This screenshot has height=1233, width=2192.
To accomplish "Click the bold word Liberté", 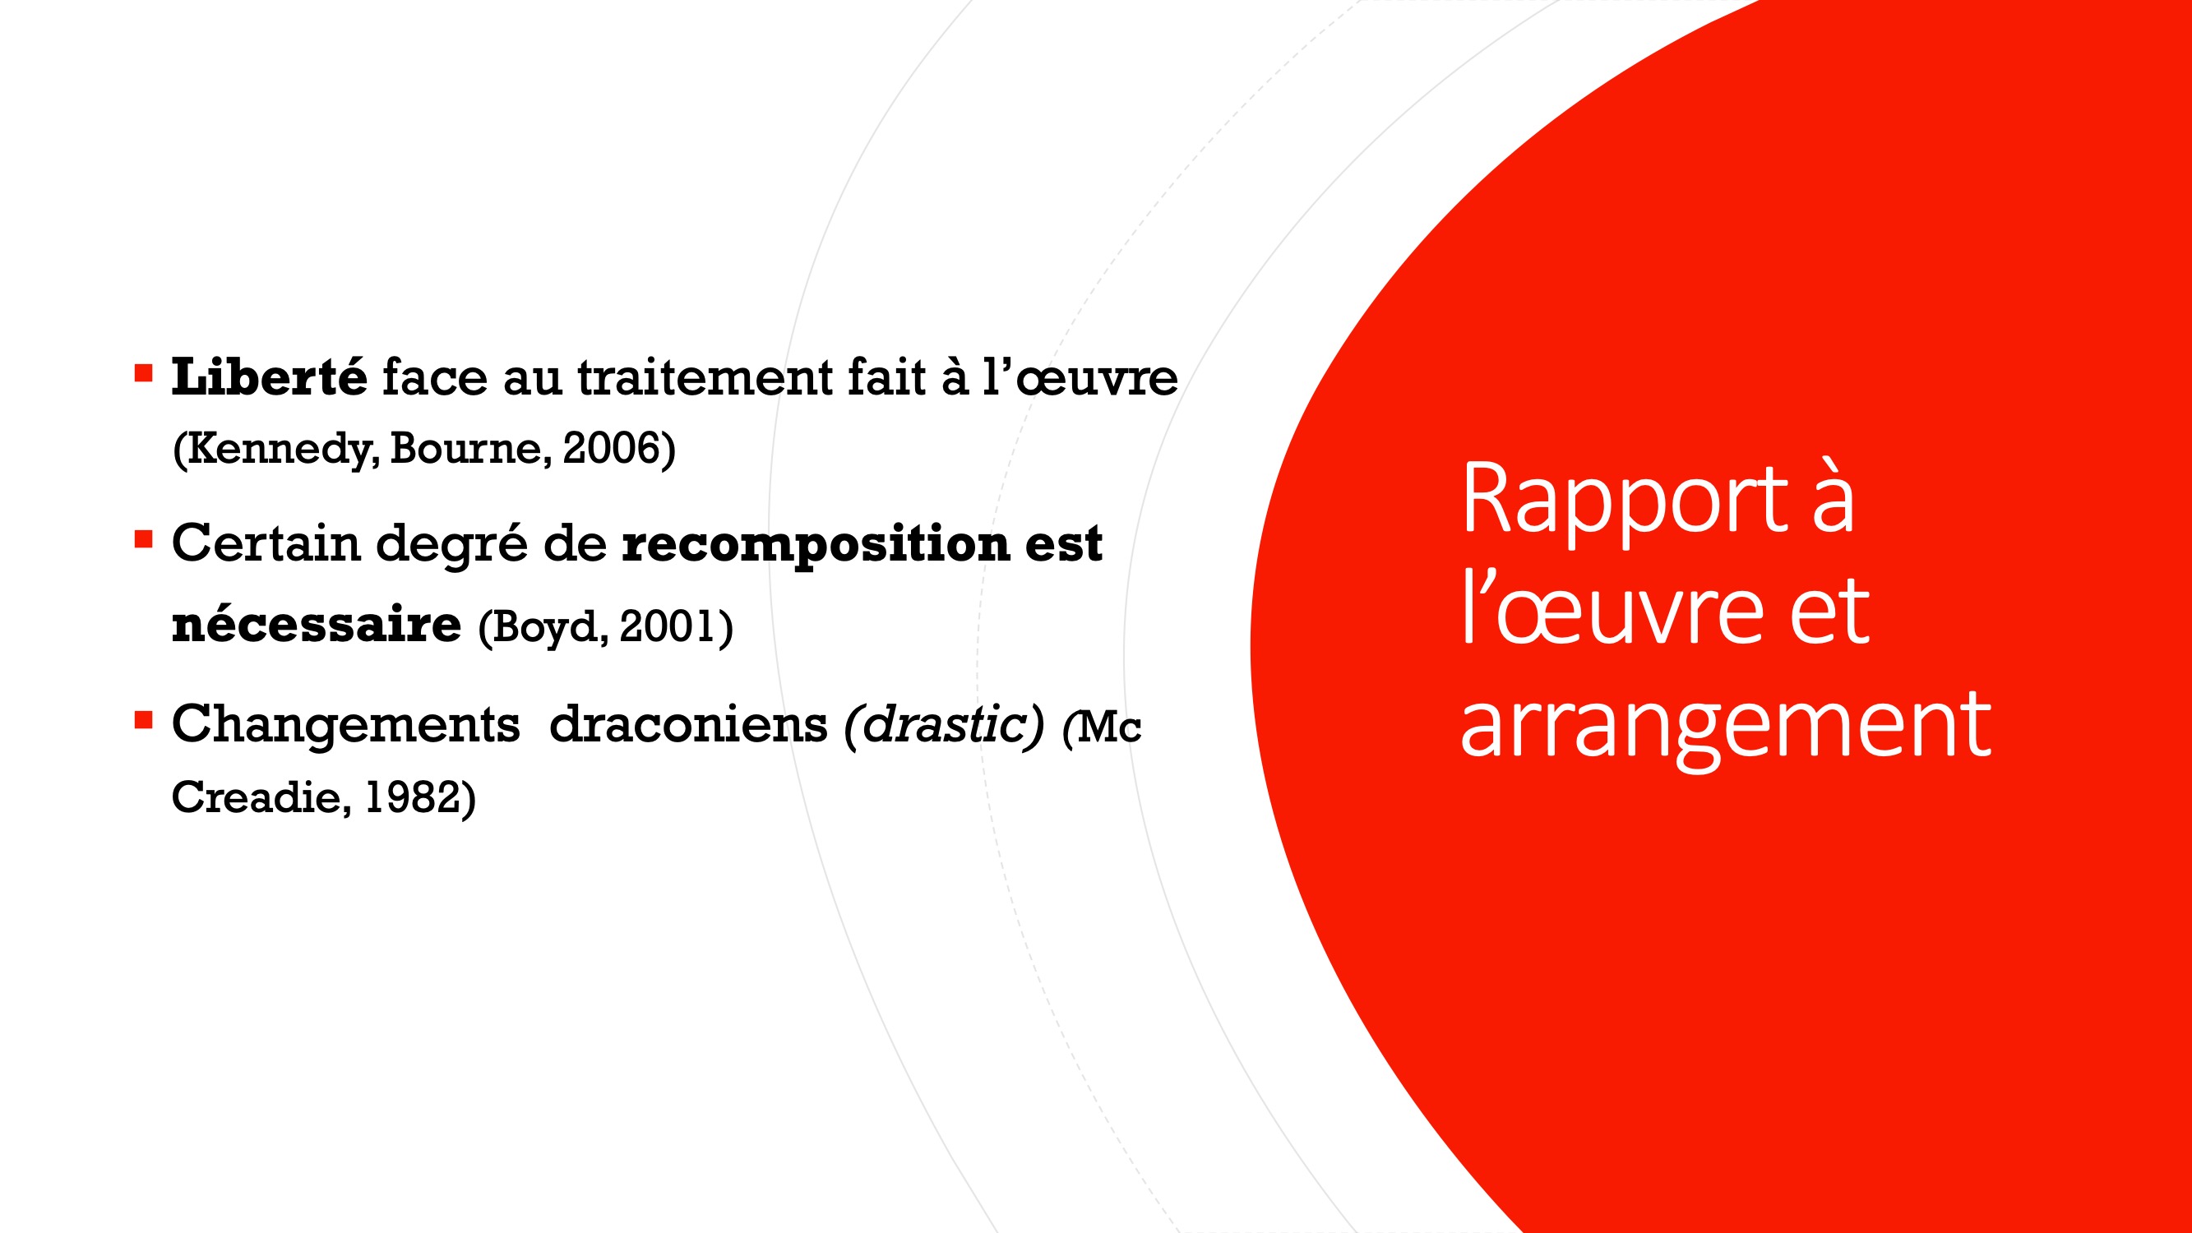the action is (269, 377).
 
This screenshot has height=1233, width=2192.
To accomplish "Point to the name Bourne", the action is (470, 449).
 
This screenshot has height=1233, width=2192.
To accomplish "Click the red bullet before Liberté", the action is (143, 372).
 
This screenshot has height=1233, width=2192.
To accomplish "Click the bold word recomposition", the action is (815, 546).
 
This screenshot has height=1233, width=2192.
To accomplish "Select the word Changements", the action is (345, 726).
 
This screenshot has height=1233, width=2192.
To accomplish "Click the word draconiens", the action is (688, 725).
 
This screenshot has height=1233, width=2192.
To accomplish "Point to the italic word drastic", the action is (945, 725).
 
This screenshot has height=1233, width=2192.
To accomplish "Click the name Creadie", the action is (257, 797).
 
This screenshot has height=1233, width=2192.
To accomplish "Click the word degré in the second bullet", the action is (452, 546).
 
